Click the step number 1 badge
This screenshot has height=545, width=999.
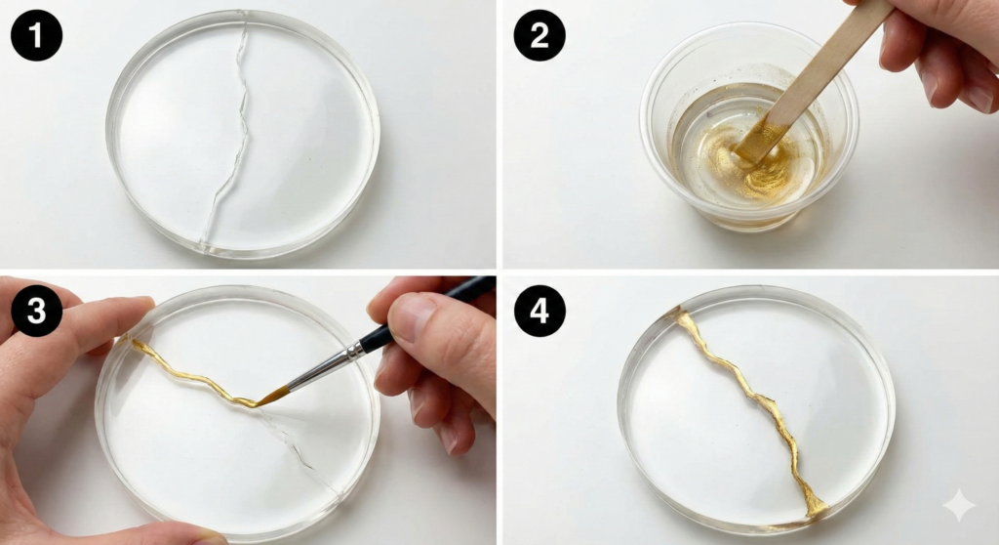pyautogui.click(x=36, y=36)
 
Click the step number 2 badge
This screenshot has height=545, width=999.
pyautogui.click(x=539, y=36)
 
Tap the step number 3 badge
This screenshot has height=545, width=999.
pyautogui.click(x=36, y=311)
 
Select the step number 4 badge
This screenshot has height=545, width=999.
pyautogui.click(x=539, y=311)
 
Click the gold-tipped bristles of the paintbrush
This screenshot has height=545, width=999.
pyautogui.click(x=274, y=396)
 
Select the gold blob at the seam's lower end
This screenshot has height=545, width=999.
pyautogui.click(x=812, y=508)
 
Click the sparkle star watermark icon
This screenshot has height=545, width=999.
pyautogui.click(x=958, y=506)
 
